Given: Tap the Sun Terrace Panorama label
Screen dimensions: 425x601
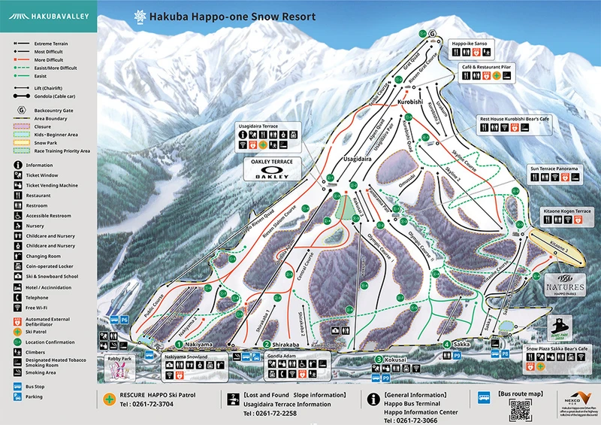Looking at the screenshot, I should click(x=554, y=169).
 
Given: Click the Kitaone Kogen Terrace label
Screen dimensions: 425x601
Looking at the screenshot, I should click(x=566, y=211).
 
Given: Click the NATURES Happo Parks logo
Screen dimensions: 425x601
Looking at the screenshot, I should click(x=565, y=289).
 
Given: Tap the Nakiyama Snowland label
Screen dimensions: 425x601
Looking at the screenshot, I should click(x=186, y=358).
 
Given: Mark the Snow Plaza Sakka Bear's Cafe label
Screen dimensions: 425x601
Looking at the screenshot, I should click(x=561, y=351).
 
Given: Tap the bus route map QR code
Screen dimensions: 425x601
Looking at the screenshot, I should click(x=520, y=409).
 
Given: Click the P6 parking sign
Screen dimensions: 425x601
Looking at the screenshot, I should click(x=123, y=320).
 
